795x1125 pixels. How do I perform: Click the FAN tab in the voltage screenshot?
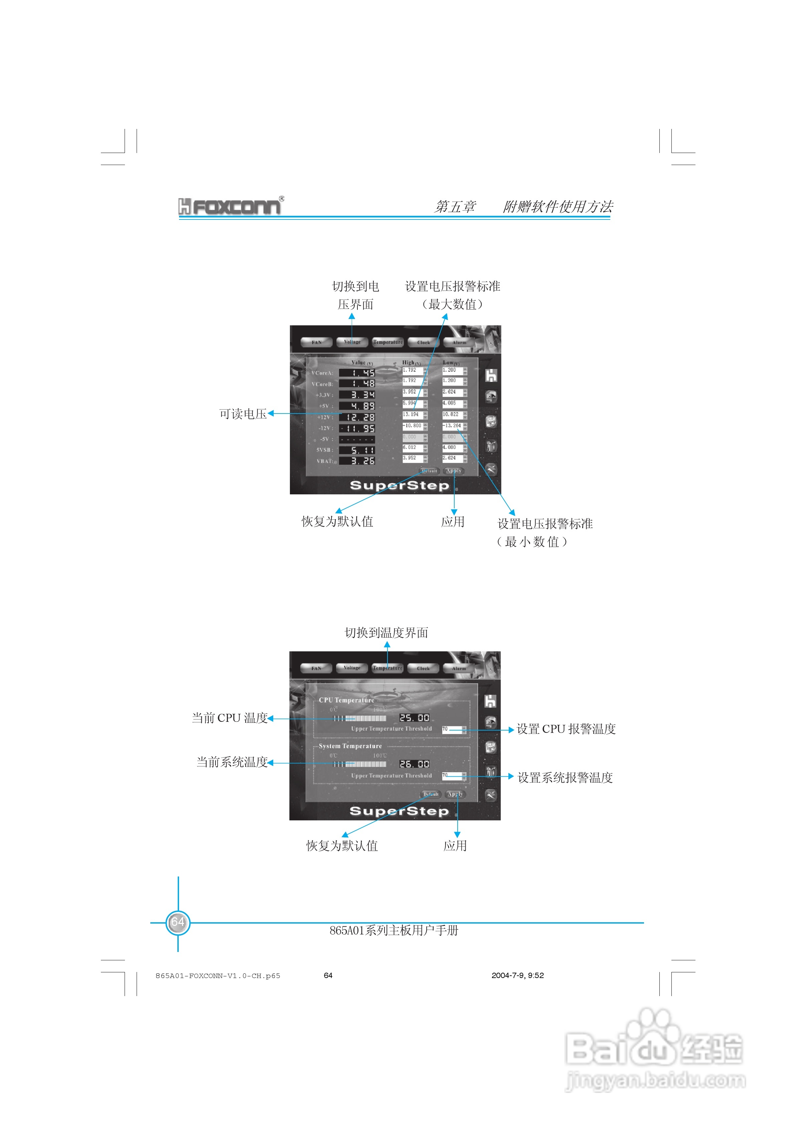[317, 342]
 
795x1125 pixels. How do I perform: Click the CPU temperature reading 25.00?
[414, 718]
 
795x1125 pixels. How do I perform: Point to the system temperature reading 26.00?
[414, 764]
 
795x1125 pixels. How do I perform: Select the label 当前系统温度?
[232, 762]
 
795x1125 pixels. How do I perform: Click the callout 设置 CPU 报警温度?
[566, 729]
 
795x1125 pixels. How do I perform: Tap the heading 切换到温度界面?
[386, 633]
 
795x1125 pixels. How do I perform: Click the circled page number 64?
[177, 922]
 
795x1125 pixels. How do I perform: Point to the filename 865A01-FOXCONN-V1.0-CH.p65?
[217, 976]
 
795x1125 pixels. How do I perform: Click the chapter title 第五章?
[455, 207]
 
